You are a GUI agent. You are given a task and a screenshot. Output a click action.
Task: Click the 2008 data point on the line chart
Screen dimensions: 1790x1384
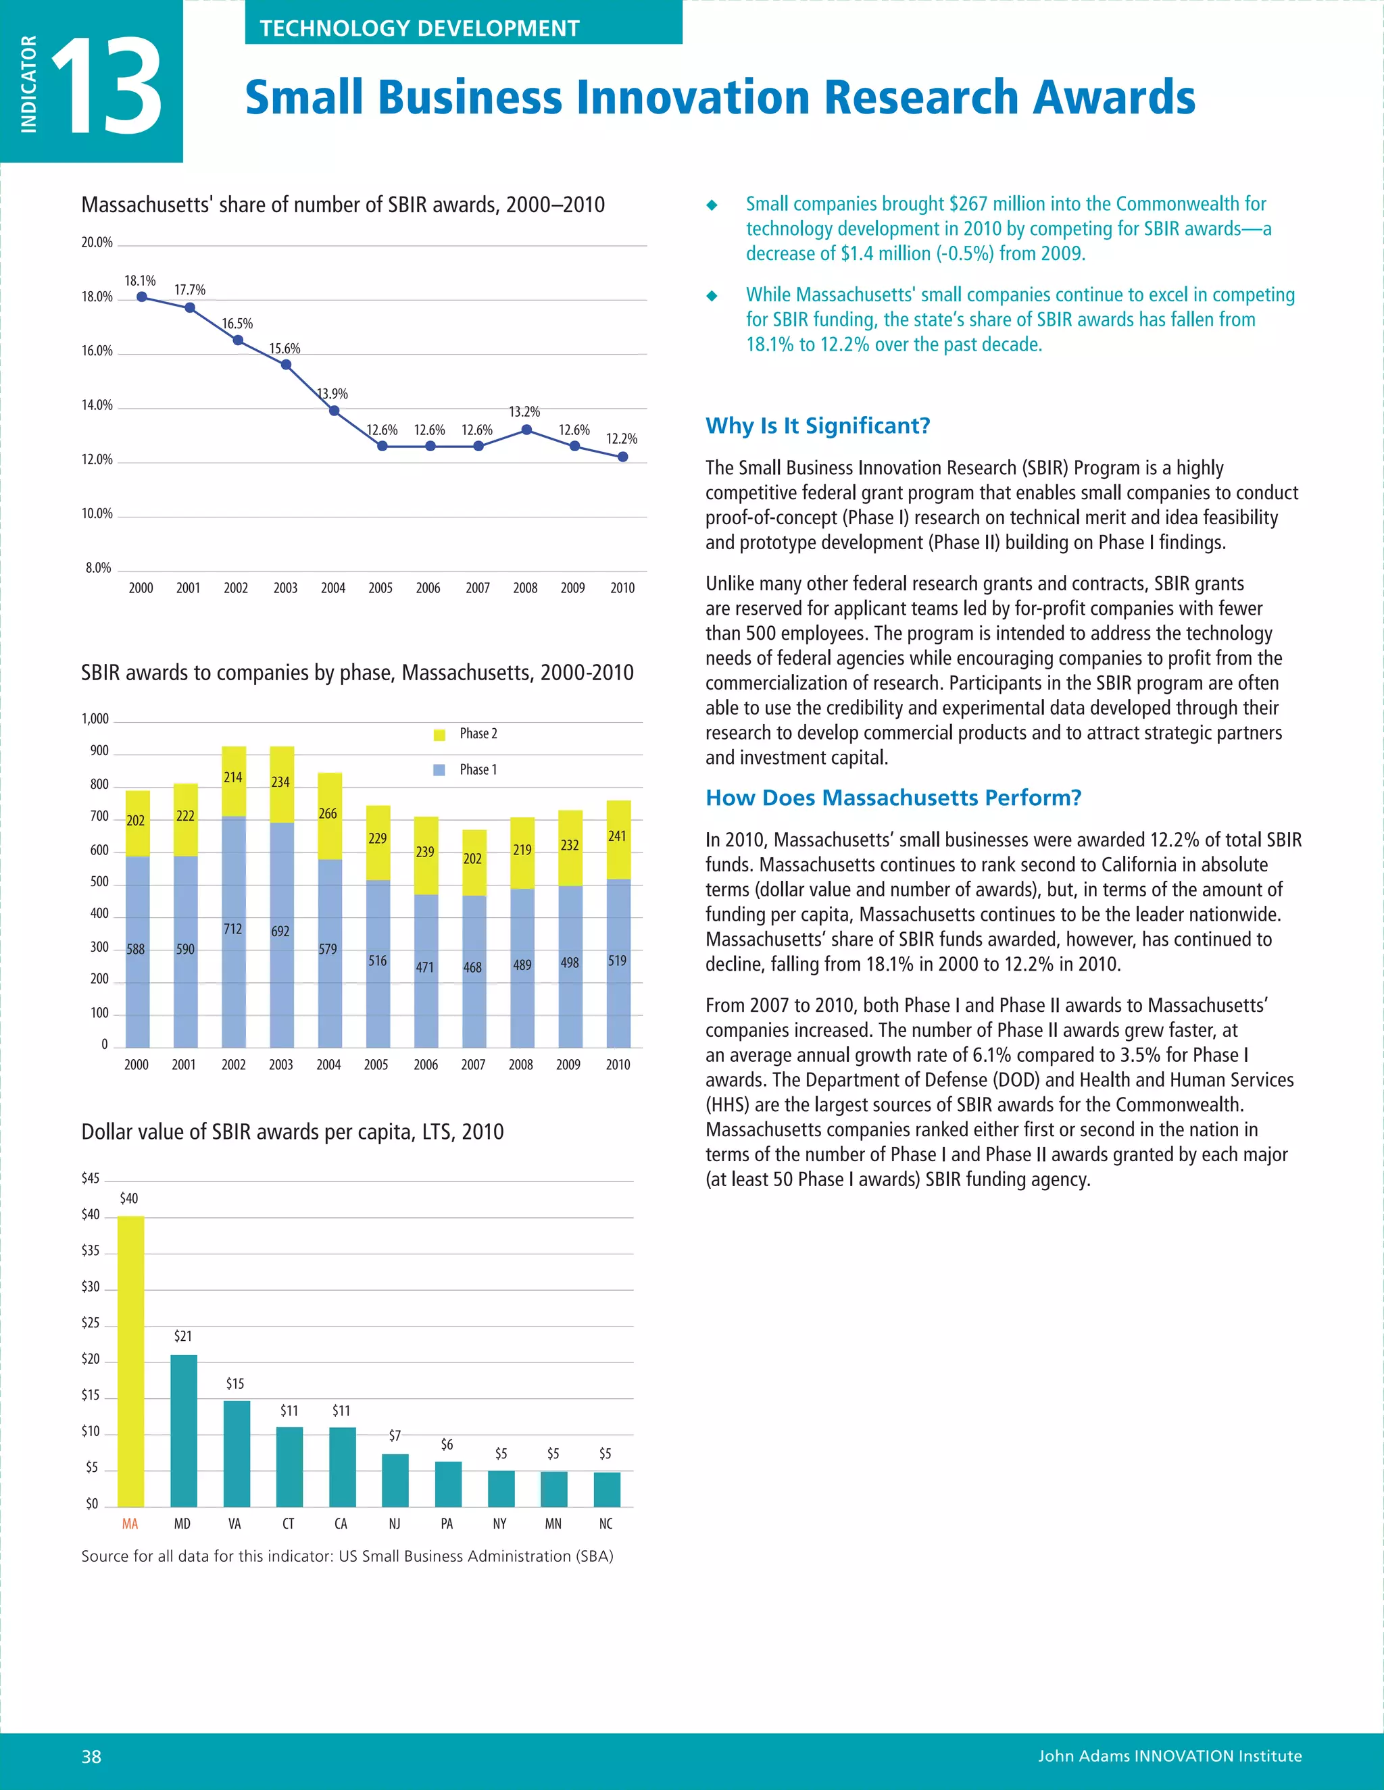click(x=526, y=430)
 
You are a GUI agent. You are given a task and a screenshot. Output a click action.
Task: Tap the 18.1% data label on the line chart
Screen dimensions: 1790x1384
click(x=140, y=281)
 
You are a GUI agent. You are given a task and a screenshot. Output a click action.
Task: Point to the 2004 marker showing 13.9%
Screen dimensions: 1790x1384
click(x=334, y=411)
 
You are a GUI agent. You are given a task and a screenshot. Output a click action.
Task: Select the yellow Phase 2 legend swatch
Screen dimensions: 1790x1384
click(x=439, y=734)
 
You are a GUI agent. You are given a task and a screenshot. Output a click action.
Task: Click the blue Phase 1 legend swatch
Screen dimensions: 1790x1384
click(x=439, y=769)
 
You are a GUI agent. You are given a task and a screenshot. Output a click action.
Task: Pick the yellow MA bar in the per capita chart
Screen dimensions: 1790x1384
click(x=130, y=1360)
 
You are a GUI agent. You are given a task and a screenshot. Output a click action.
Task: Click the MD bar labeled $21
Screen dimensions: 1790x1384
click(x=184, y=1429)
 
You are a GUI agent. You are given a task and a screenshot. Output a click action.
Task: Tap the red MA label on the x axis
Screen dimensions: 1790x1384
click(x=130, y=1524)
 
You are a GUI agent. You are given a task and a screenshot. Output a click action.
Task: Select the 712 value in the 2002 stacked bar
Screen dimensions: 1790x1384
click(x=233, y=929)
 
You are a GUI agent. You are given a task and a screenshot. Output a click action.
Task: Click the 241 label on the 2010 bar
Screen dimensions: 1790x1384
click(x=616, y=836)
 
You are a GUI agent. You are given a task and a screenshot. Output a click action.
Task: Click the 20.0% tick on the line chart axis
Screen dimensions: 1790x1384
click(x=97, y=242)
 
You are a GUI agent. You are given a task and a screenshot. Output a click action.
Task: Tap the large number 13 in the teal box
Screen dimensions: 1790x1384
click(x=107, y=86)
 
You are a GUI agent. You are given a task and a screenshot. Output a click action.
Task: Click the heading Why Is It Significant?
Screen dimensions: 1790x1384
click(x=818, y=426)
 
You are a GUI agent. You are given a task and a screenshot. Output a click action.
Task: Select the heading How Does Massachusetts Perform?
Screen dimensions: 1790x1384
click(x=893, y=798)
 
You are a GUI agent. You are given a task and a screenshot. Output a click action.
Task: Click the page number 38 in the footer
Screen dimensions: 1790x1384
click(x=91, y=1756)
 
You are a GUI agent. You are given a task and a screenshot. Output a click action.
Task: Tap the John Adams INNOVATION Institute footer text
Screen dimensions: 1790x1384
click(x=1169, y=1756)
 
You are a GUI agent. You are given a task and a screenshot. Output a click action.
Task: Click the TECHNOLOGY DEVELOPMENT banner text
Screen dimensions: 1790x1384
click(x=419, y=28)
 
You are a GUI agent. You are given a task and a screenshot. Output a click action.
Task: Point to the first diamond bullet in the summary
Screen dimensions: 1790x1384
click(x=712, y=205)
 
